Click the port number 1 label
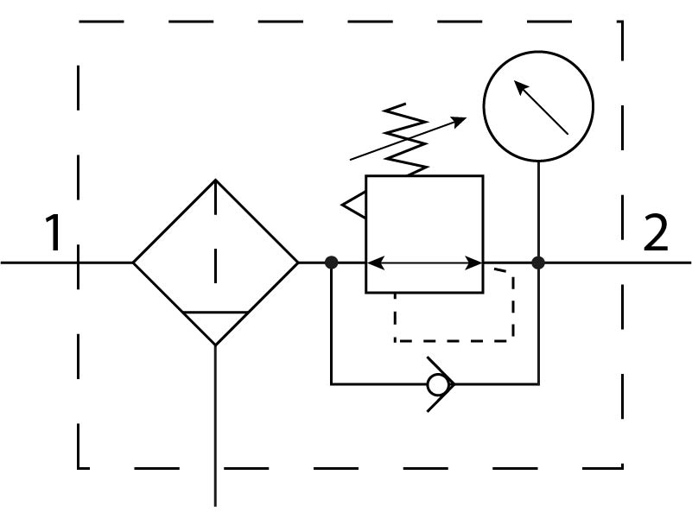click(x=54, y=232)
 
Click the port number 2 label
click(x=657, y=232)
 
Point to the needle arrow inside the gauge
click(x=541, y=107)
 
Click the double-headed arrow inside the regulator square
click(x=423, y=262)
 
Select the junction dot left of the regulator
click(x=331, y=262)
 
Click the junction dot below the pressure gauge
click(x=538, y=262)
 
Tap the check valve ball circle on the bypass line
click(x=441, y=383)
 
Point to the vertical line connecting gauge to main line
click(x=538, y=207)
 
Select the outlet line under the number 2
click(x=657, y=262)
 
